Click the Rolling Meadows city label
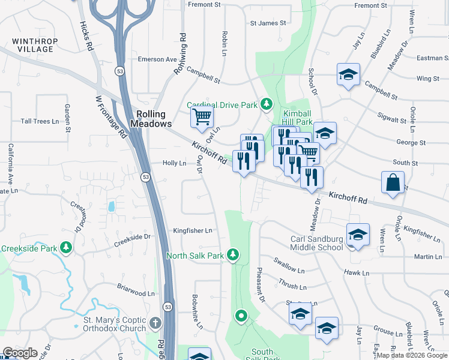154,118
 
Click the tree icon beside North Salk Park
233,256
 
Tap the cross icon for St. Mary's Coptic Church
155,323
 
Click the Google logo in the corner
20,353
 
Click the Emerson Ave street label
157,59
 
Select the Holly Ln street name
174,163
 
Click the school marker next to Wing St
348,74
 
